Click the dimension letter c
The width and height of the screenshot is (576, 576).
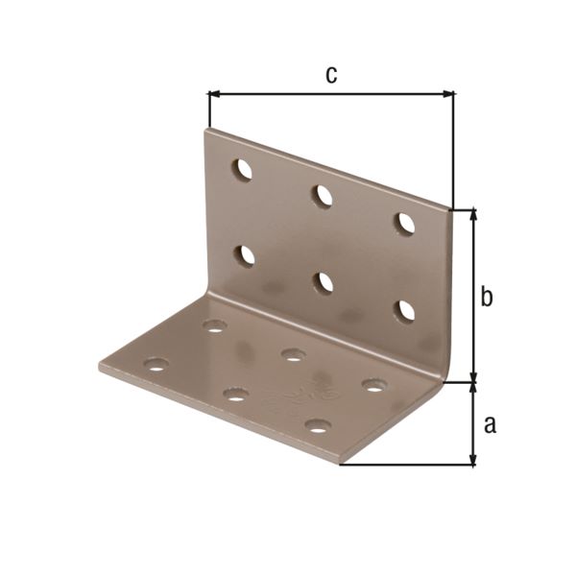pos(330,75)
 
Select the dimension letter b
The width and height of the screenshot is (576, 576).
pos(487,298)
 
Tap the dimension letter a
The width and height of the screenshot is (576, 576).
pos(490,423)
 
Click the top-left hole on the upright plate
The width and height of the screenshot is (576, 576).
pos(243,170)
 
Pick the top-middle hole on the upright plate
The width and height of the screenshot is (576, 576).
pos(323,196)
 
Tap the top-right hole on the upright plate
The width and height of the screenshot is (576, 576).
pos(406,223)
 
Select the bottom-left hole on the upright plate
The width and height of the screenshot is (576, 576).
pos(246,255)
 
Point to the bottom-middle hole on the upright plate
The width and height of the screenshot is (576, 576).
pos(324,282)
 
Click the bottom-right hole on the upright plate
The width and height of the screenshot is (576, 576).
pos(406,310)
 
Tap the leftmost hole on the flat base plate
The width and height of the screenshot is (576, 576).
pos(156,365)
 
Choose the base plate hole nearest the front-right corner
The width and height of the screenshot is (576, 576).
pos(318,424)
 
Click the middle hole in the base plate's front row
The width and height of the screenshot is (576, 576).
pos(235,394)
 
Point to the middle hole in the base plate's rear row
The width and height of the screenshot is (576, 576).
pos(293,354)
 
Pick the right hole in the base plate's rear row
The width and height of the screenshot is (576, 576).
pos(373,385)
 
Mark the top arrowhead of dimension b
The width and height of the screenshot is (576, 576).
pos(472,213)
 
